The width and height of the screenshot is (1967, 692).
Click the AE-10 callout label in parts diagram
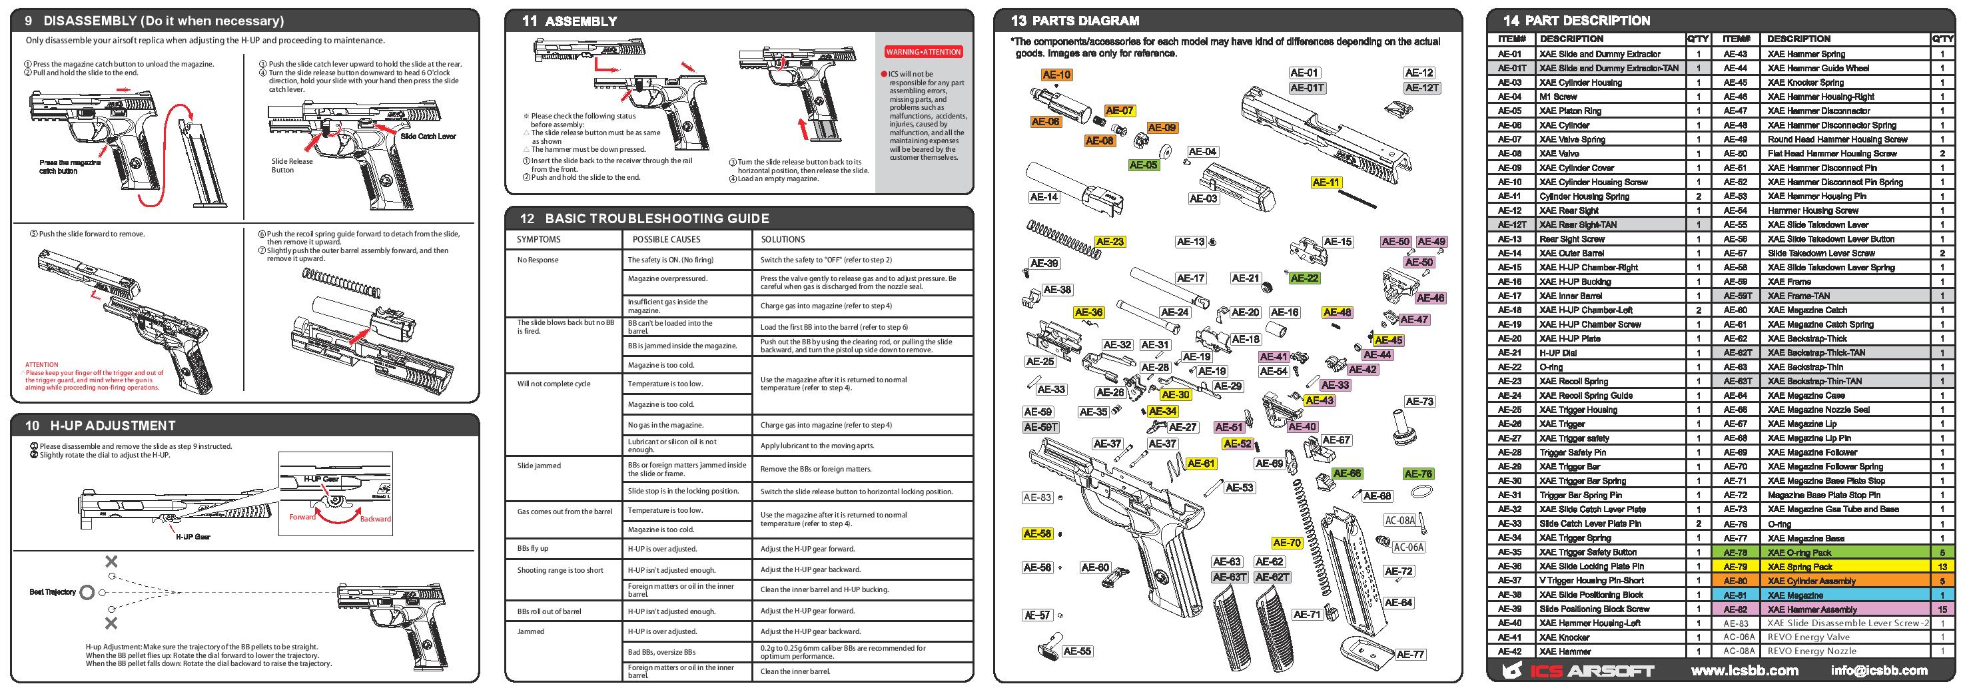pyautogui.click(x=1057, y=75)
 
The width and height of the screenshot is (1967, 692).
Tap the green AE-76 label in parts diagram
pyautogui.click(x=1417, y=474)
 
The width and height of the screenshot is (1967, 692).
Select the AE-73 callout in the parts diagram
pyautogui.click(x=1419, y=402)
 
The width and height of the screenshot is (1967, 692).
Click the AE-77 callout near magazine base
pyautogui.click(x=1410, y=655)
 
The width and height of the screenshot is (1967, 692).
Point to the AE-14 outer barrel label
pyautogui.click(x=1044, y=197)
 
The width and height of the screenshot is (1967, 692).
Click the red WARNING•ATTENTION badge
pyautogui.click(x=923, y=52)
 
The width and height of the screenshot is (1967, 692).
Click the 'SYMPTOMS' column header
pyautogui.click(x=538, y=240)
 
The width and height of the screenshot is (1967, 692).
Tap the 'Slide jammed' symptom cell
pyautogui.click(x=539, y=466)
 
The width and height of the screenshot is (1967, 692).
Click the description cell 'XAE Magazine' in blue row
pyautogui.click(x=1794, y=595)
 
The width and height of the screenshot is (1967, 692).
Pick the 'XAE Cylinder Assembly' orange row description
pyautogui.click(x=1810, y=581)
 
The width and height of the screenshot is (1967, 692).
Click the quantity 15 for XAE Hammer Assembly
pyautogui.click(x=1942, y=609)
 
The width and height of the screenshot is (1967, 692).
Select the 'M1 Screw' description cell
pyautogui.click(x=1558, y=97)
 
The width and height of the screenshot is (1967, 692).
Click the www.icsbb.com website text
pyautogui.click(x=1744, y=671)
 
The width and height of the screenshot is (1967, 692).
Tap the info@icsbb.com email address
pyautogui.click(x=1878, y=671)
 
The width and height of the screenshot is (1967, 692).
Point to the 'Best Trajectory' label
pyautogui.click(x=52, y=592)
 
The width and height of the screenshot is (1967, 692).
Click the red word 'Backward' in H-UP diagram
pyautogui.click(x=375, y=519)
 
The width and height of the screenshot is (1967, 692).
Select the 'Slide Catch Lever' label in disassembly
pyautogui.click(x=428, y=137)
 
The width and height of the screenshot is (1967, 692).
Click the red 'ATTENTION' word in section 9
pyautogui.click(x=41, y=365)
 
